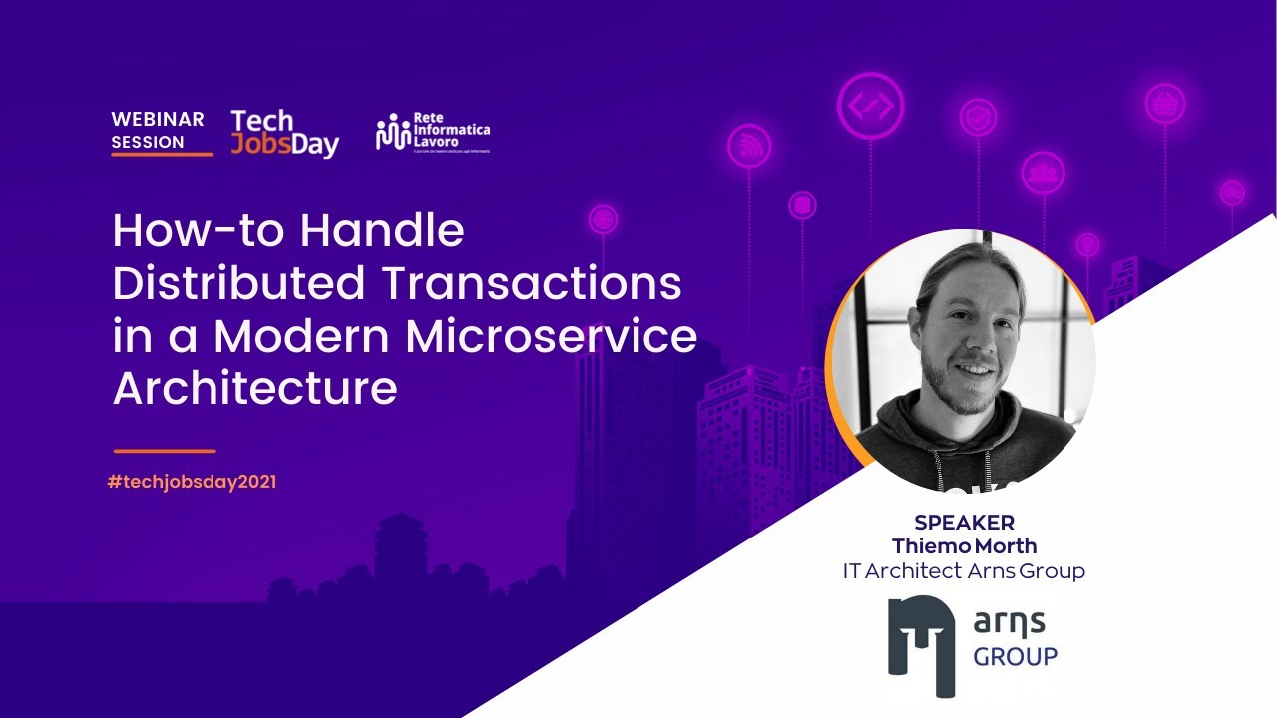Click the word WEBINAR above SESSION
(158, 119)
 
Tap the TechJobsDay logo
(284, 134)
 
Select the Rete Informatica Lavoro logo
(433, 132)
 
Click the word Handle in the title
(382, 231)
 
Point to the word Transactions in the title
(531, 284)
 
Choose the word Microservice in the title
(555, 336)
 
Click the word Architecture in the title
(255, 388)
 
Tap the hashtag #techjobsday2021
(192, 482)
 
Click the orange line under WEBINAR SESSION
(162, 154)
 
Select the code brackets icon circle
(871, 105)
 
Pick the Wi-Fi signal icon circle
(748, 147)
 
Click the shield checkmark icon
(978, 118)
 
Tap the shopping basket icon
(1164, 103)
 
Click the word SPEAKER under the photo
(964, 523)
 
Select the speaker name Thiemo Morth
(964, 546)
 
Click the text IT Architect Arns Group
(964, 571)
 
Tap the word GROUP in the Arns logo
(1015, 657)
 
